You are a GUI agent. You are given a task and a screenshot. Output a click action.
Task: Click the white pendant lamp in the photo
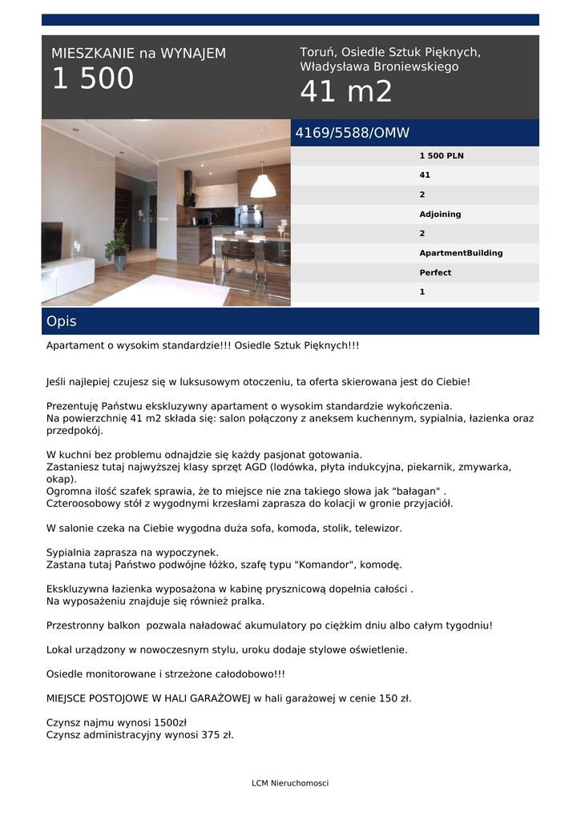tap(263, 187)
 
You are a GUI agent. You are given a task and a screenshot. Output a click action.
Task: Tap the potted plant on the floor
tap(119, 247)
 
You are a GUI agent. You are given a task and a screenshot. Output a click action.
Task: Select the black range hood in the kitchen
tap(189, 188)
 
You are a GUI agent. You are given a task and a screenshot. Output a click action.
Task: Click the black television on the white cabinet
tap(51, 241)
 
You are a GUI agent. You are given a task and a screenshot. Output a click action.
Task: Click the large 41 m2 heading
tap(346, 92)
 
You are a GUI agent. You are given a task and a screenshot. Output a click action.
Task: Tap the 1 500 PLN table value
tap(442, 155)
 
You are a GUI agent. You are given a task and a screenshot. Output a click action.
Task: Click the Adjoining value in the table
tap(440, 214)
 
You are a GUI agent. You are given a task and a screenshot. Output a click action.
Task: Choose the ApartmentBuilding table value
tap(461, 253)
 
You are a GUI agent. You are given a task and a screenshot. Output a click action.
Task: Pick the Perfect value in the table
tap(435, 272)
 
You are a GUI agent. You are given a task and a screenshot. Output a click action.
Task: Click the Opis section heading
tap(62, 321)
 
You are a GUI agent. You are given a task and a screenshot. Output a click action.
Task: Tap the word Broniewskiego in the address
tap(411, 66)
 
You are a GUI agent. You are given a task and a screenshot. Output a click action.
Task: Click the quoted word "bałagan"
tap(414, 491)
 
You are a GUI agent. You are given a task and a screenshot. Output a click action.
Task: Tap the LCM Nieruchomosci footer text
tap(290, 783)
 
